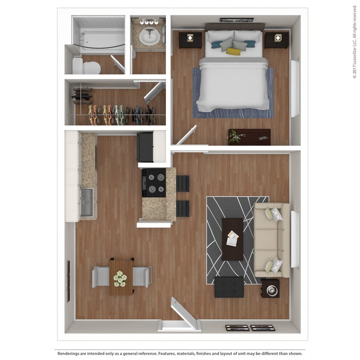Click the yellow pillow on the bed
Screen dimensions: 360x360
pyautogui.click(x=233, y=52)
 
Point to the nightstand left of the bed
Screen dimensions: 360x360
pyautogui.click(x=190, y=40)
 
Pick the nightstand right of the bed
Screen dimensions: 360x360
pyautogui.click(x=276, y=40)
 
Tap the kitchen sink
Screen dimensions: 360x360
pyautogui.click(x=86, y=202)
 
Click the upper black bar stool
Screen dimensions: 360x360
pyautogui.click(x=183, y=183)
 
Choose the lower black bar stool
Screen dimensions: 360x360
pyautogui.click(x=183, y=208)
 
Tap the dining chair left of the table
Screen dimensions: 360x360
pyautogui.click(x=101, y=276)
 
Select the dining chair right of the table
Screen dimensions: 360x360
pyautogui.click(x=141, y=276)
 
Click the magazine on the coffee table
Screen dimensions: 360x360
pyautogui.click(x=232, y=238)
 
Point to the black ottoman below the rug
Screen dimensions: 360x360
pyautogui.click(x=229, y=287)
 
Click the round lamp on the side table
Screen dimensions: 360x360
pyautogui.click(x=271, y=290)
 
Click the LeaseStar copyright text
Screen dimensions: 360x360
pyautogui.click(x=354, y=42)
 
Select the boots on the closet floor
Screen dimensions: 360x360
pyautogui.click(x=82, y=96)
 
